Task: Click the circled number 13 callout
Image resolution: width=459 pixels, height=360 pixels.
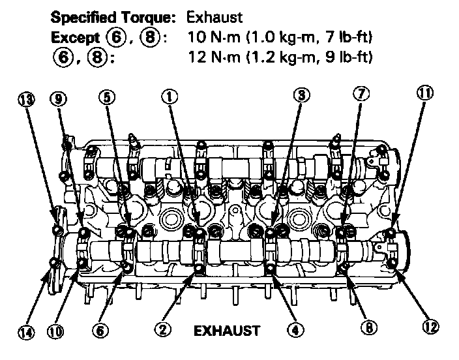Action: (25, 98)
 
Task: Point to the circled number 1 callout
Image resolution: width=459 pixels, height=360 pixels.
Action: (169, 97)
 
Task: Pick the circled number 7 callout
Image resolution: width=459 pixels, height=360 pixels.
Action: (362, 95)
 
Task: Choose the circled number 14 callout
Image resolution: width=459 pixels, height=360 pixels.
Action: (25, 332)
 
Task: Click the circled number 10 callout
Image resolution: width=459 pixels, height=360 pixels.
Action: (55, 332)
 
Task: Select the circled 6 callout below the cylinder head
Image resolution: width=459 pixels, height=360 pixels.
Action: (100, 331)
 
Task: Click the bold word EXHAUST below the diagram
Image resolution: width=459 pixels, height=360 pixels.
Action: (227, 331)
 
